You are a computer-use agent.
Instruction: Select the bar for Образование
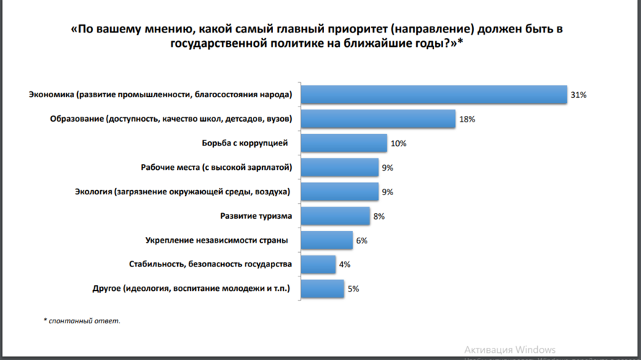[x=378, y=119]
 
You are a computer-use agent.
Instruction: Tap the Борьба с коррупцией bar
[x=344, y=143]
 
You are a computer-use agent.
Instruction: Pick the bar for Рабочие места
[x=339, y=168]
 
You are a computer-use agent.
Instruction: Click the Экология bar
[x=339, y=192]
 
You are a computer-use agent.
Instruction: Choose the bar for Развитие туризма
[x=335, y=216]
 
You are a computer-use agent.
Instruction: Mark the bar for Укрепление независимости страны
[x=326, y=240]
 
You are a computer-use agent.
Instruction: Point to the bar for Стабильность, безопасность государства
[x=318, y=264]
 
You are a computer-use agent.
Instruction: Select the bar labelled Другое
[x=322, y=289]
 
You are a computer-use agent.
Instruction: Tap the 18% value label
[x=467, y=120]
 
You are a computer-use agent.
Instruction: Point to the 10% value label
[x=398, y=143]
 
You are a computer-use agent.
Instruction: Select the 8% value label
[x=378, y=216]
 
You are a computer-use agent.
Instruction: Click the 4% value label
[x=344, y=264]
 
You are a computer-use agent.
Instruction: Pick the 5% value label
[x=353, y=289]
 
